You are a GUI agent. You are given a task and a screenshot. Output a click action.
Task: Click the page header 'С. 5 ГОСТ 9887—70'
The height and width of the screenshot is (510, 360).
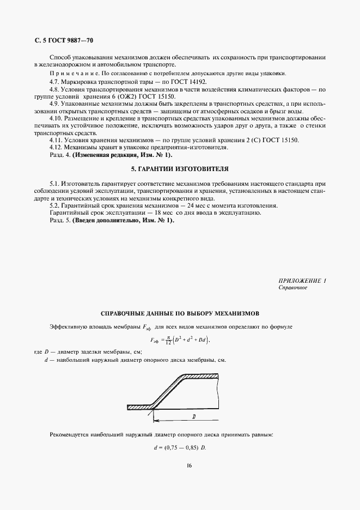tap(64, 40)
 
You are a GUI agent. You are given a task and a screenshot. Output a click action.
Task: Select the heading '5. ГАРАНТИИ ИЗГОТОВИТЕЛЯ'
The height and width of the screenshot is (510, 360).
tap(180, 169)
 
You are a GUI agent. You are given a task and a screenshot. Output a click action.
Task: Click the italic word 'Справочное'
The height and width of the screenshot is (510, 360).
tap(293, 288)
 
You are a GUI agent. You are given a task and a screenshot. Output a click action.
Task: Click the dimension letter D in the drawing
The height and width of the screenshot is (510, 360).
tap(193, 416)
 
